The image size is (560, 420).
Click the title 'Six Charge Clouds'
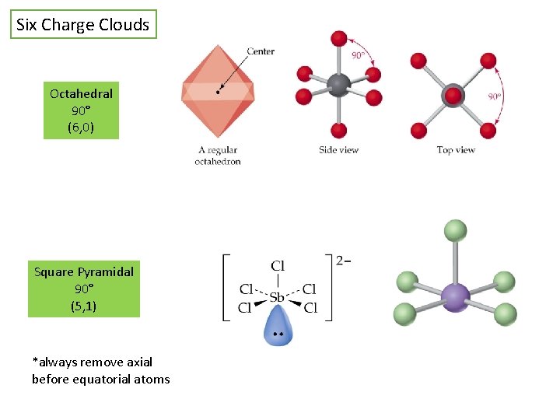(83, 25)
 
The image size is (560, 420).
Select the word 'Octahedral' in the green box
(81, 93)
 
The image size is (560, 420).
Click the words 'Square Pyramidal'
(84, 271)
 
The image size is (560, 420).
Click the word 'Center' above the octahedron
(261, 51)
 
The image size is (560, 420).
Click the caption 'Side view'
(338, 149)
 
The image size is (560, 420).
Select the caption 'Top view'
(456, 149)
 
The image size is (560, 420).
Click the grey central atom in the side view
(338, 85)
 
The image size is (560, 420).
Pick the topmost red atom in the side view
(338, 38)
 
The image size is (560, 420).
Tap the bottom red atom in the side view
(338, 130)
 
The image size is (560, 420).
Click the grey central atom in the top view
(453, 96)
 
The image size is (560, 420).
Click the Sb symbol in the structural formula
(278, 296)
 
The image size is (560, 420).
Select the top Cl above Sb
(278, 267)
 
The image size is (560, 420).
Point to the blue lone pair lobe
(278, 325)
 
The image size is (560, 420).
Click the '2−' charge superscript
(344, 260)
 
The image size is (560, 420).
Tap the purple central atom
(455, 296)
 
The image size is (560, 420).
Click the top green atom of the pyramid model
(455, 230)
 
